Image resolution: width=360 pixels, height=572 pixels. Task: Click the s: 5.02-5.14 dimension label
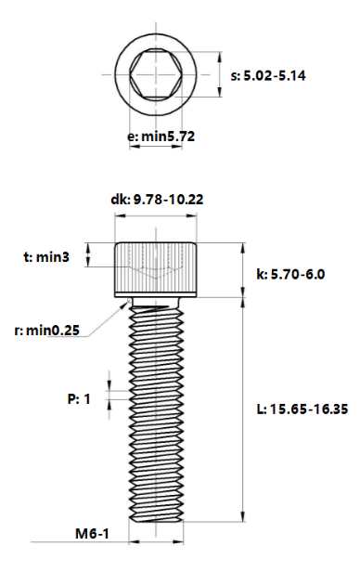point(268,76)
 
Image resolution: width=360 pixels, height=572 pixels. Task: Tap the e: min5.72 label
point(161,136)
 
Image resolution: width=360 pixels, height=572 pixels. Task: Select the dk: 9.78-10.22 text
point(157,200)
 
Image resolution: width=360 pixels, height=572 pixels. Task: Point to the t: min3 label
point(46,257)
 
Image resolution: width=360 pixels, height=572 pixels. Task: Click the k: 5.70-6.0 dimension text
point(290,274)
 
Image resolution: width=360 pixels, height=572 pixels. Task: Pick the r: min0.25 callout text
point(46,331)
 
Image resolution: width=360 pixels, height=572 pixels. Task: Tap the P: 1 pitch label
point(79,399)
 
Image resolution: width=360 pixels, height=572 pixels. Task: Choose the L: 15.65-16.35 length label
point(302,409)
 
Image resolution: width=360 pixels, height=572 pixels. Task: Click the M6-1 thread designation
point(92,534)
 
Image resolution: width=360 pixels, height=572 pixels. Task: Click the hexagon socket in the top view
point(156,74)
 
